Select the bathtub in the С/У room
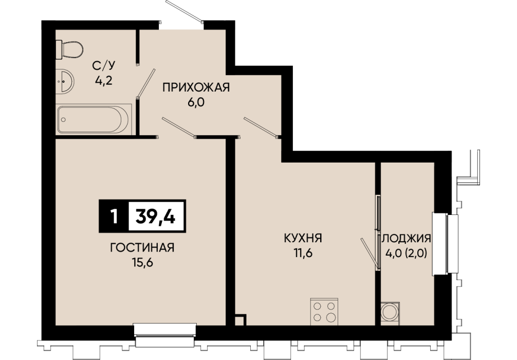click(x=94, y=119)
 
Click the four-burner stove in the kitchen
click(x=324, y=312)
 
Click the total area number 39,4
click(x=156, y=217)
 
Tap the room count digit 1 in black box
click(x=115, y=217)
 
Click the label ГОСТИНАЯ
click(x=142, y=247)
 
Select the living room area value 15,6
click(x=142, y=263)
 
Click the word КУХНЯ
click(x=303, y=238)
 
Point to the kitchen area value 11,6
click(x=303, y=253)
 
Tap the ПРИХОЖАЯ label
click(x=196, y=87)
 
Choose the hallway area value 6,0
click(x=196, y=102)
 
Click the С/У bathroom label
click(x=104, y=66)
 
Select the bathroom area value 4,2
click(x=104, y=80)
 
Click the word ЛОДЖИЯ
click(x=406, y=238)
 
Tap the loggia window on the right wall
click(x=446, y=244)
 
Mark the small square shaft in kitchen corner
click(x=241, y=320)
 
